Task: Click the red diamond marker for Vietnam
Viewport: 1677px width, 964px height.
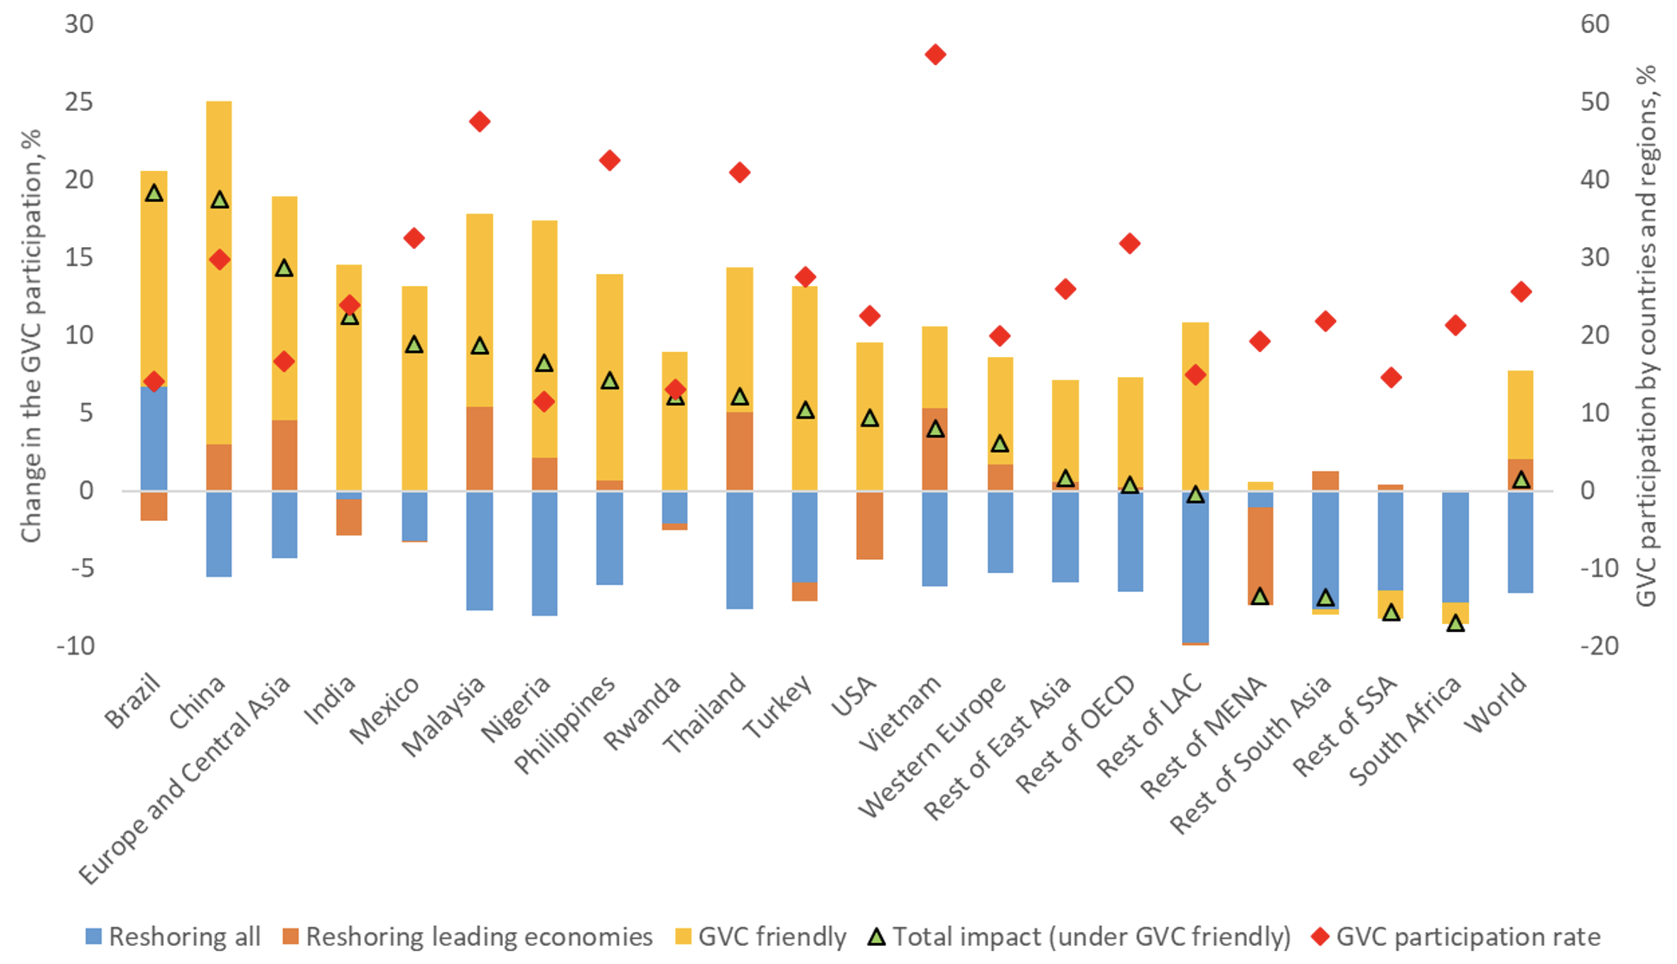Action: click(x=935, y=55)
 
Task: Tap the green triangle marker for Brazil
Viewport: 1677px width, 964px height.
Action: click(x=154, y=193)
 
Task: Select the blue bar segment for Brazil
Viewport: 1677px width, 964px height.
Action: click(x=154, y=438)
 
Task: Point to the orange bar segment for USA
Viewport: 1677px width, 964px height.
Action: click(x=870, y=525)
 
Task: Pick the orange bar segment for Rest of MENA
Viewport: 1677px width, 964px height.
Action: click(x=1260, y=555)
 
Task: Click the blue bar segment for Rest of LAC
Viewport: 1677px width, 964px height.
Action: click(x=1195, y=567)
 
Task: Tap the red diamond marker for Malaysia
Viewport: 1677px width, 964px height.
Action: click(x=480, y=121)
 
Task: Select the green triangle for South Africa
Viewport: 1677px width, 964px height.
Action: click(x=1455, y=623)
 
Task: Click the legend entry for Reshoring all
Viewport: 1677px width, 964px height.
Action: click(x=173, y=937)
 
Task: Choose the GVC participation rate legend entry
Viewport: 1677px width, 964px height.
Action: click(x=1457, y=937)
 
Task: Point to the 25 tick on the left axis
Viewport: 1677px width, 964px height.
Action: click(x=79, y=102)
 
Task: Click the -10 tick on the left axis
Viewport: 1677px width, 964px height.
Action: click(x=75, y=646)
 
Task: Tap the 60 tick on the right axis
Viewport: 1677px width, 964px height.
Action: click(x=1595, y=24)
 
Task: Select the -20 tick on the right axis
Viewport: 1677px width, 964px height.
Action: click(x=1598, y=646)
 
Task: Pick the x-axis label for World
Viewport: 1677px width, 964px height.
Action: click(x=1496, y=704)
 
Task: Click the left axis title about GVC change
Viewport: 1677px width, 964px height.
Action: click(x=31, y=335)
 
